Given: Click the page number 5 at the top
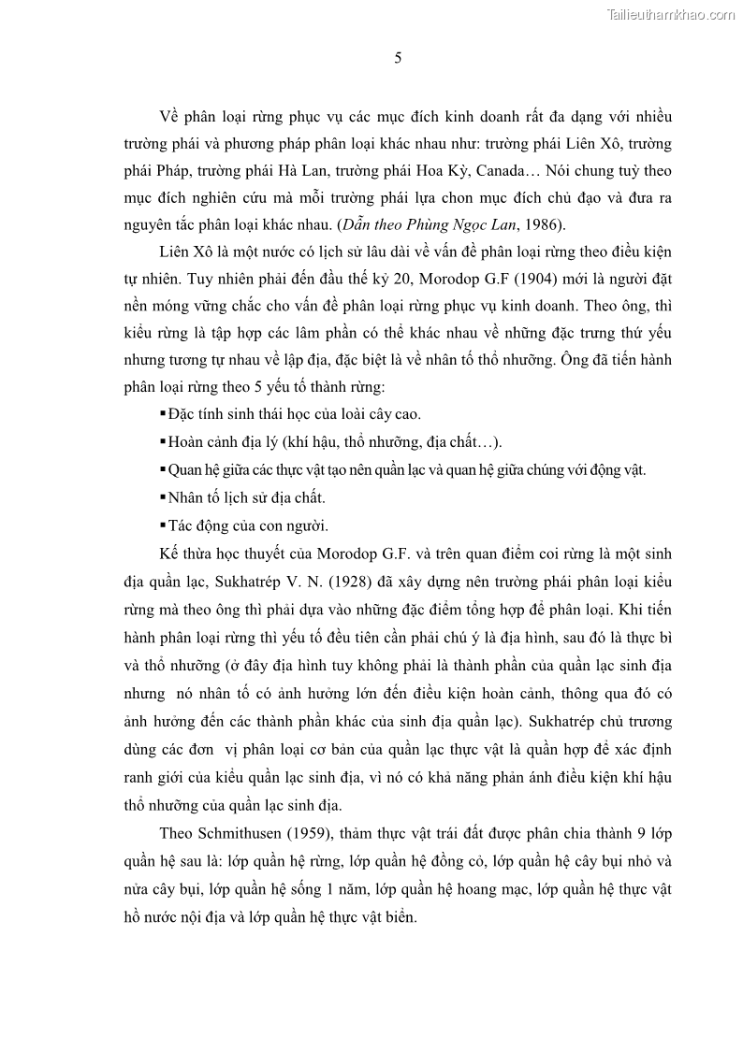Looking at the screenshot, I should (x=398, y=58).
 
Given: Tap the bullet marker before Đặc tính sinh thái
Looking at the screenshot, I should (x=163, y=412).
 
